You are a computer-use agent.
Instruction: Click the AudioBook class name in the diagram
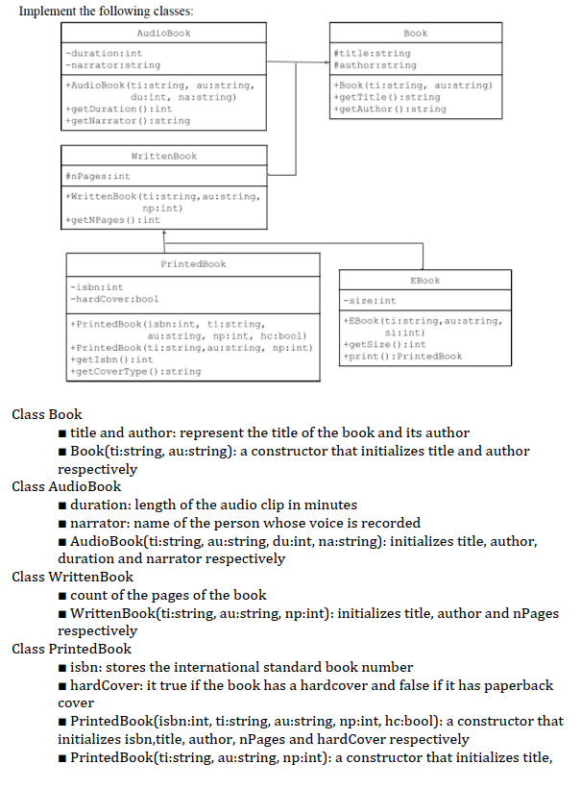[x=163, y=33]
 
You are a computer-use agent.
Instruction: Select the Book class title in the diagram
[x=415, y=33]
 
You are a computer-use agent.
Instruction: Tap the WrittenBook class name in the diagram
[x=163, y=156]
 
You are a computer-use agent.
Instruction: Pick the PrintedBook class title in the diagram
[x=193, y=262]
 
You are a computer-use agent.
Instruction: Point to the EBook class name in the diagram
[x=424, y=280]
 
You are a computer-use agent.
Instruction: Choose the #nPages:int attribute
[x=98, y=177]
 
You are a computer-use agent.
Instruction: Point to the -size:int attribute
[x=370, y=301]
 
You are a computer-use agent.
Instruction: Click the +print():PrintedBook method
[x=401, y=356]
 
